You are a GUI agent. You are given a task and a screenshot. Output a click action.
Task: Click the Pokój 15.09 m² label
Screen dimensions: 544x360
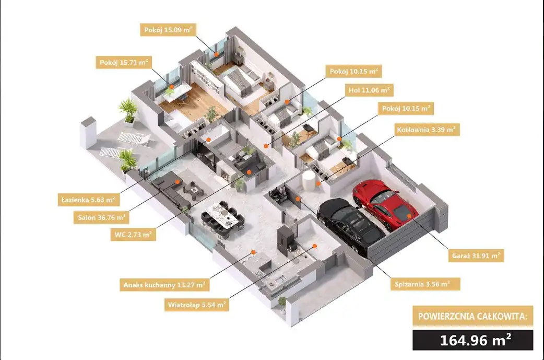168,30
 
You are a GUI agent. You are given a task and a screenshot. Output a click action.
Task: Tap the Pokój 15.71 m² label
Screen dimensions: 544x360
124,63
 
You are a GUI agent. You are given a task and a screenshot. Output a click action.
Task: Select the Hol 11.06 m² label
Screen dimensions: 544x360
369,90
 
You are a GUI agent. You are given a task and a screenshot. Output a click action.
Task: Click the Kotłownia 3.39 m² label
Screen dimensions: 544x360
426,130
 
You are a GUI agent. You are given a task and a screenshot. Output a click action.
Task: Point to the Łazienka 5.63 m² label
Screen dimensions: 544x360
88,200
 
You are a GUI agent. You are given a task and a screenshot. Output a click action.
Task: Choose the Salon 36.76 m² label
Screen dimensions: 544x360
101,218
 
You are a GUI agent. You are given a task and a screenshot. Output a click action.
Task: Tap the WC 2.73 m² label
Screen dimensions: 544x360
133,235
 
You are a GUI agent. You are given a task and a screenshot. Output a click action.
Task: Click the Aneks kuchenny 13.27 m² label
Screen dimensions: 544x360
164,285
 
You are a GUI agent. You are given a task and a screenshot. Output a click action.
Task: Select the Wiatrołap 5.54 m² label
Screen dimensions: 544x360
197,305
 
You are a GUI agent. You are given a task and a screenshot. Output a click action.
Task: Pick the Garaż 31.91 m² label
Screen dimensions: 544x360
476,256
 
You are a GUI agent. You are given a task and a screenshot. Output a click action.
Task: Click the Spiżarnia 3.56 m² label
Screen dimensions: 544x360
422,284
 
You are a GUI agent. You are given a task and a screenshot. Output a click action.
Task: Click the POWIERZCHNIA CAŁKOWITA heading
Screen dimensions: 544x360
472,316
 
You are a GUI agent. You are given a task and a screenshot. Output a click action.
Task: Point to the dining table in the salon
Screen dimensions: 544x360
223,216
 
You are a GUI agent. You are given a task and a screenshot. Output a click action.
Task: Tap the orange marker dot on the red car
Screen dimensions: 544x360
409,216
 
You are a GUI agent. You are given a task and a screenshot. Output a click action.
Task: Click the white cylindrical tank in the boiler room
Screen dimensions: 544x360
309,180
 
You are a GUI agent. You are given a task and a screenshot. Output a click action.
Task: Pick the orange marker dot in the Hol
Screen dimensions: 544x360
266,146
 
